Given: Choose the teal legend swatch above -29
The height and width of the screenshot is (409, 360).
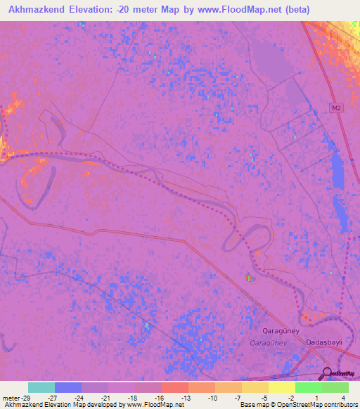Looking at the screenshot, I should (x=41, y=387).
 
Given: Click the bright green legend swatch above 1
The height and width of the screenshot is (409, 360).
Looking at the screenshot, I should (x=309, y=387).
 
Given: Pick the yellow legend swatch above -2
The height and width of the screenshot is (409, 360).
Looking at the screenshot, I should (x=282, y=387).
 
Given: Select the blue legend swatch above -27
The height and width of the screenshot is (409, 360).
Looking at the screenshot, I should (x=68, y=387).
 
